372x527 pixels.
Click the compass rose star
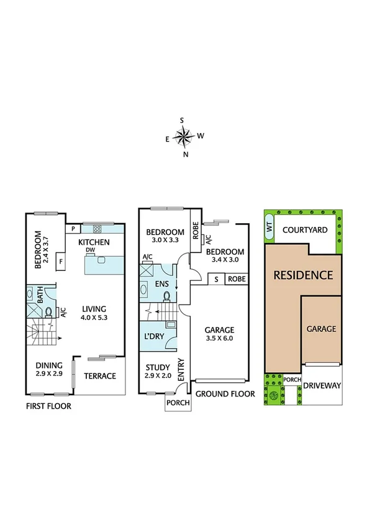[x=184, y=136]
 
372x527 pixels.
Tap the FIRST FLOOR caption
[x=48, y=406]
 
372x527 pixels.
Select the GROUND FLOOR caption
[x=225, y=394]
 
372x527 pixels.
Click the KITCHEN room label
[x=95, y=242]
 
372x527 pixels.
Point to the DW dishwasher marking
[x=91, y=250]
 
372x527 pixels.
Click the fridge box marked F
[x=61, y=262]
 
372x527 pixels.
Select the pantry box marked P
[x=73, y=228]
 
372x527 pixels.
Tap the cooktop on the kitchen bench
[x=98, y=228]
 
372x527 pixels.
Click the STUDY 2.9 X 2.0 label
[x=157, y=372]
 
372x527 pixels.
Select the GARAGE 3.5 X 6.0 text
[x=220, y=334]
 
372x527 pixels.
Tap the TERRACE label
[x=100, y=376]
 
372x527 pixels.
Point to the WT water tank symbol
[x=269, y=228]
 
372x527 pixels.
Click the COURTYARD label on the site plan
[x=304, y=229]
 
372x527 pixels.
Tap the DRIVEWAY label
[x=322, y=385]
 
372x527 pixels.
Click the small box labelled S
[x=216, y=279]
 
